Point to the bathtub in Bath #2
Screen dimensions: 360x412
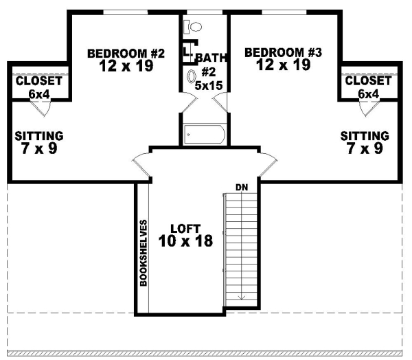coord(205,133)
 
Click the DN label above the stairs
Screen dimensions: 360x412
coord(241,186)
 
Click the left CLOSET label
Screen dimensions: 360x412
coord(38,81)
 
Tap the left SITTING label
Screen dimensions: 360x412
coord(39,135)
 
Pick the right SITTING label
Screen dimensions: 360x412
coord(365,135)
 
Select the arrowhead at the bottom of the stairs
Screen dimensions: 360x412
coord(241,297)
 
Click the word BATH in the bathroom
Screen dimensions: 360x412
coord(209,58)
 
